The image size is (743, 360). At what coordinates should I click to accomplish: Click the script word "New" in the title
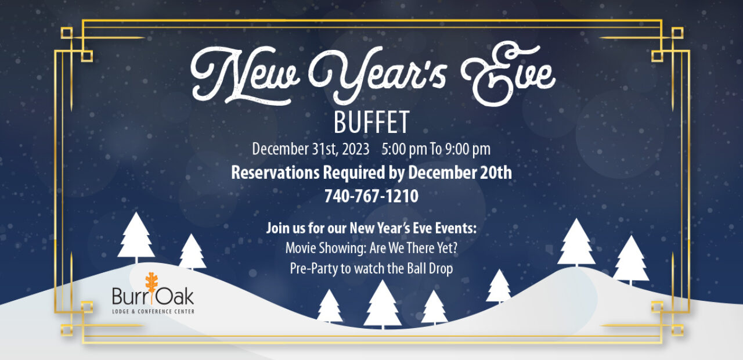pyautogui.click(x=246, y=75)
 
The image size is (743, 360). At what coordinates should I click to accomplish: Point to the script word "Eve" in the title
pyautogui.click(x=507, y=74)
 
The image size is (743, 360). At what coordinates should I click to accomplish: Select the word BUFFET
pyautogui.click(x=371, y=123)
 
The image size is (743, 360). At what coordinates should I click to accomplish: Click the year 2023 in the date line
pyautogui.click(x=356, y=149)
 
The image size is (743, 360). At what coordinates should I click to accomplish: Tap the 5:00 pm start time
pyautogui.click(x=404, y=149)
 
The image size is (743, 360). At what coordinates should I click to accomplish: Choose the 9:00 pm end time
pyautogui.click(x=468, y=149)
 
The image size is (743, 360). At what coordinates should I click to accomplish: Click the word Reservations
pyautogui.click(x=275, y=172)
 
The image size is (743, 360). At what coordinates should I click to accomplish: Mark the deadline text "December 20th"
pyautogui.click(x=460, y=172)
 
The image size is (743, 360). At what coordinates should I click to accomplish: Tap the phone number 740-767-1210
pyautogui.click(x=371, y=196)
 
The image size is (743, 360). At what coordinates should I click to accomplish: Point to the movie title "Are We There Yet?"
pyautogui.click(x=414, y=248)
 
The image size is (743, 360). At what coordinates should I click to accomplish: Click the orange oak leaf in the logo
pyautogui.click(x=152, y=285)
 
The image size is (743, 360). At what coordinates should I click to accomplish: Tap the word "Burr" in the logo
pyautogui.click(x=129, y=296)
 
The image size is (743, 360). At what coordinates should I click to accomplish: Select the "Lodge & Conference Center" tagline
pyautogui.click(x=153, y=312)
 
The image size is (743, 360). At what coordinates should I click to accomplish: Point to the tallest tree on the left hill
pyautogui.click(x=136, y=237)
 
